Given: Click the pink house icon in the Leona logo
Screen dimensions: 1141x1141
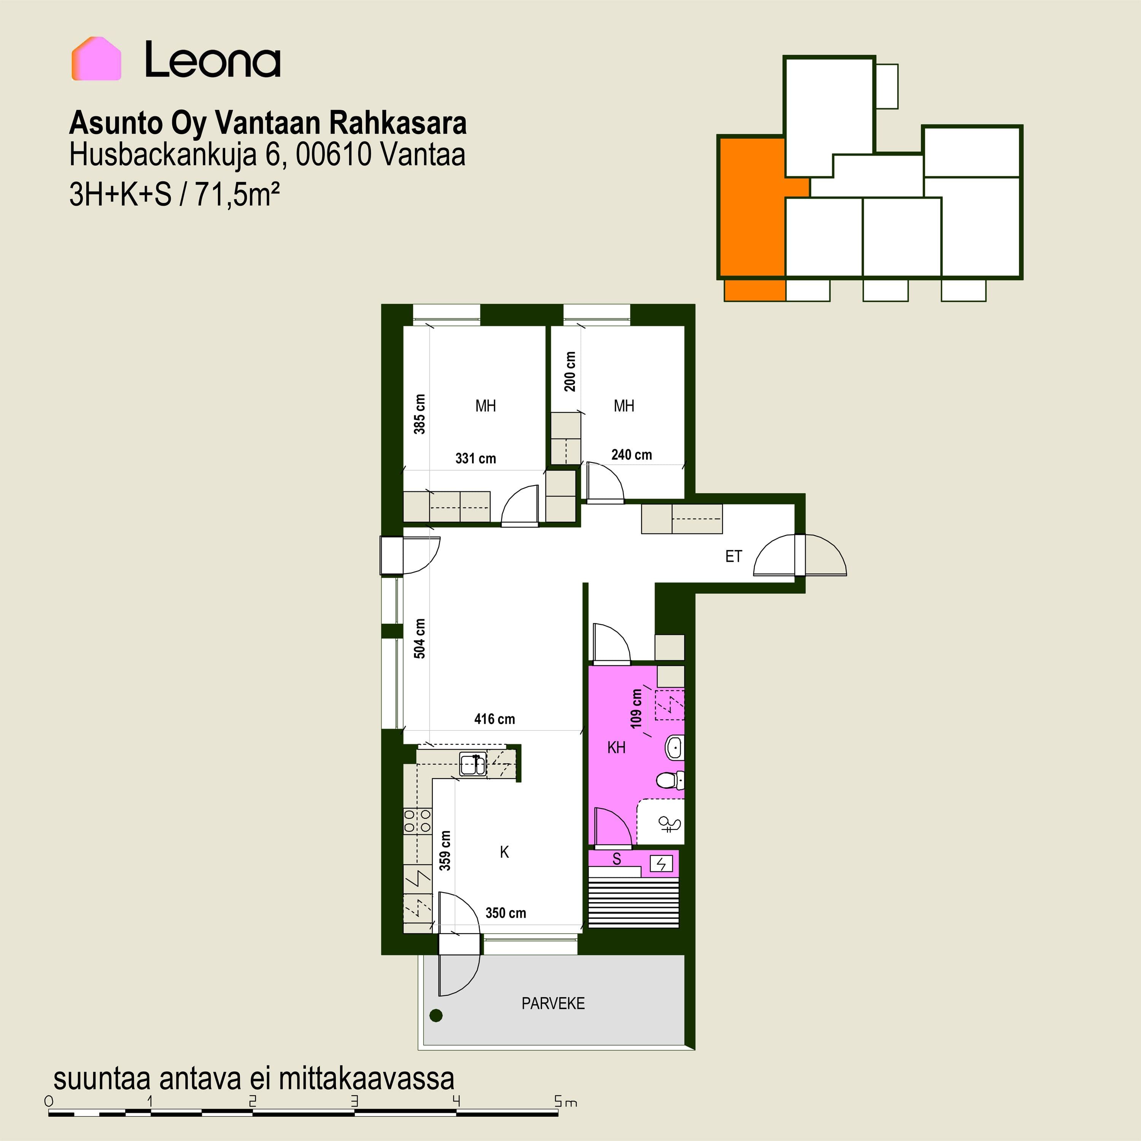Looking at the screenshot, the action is click(x=96, y=59).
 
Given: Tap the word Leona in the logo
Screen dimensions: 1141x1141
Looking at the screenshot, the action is click(x=213, y=60).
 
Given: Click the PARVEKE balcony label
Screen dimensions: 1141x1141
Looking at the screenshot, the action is click(x=553, y=1003).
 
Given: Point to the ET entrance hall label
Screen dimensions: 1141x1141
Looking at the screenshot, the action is click(x=734, y=556).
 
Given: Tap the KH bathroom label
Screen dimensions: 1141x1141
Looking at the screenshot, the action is click(x=616, y=748).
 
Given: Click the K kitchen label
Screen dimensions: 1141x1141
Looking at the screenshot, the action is click(x=504, y=852).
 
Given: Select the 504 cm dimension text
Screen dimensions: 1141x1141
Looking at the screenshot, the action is click(x=419, y=639).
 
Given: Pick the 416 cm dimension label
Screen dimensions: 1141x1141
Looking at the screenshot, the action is click(x=494, y=719).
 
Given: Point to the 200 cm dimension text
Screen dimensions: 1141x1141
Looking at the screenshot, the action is click(x=570, y=372).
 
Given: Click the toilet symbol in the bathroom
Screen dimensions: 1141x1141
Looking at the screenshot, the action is click(x=670, y=781).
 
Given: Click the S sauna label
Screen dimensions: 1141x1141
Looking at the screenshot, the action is click(x=617, y=859).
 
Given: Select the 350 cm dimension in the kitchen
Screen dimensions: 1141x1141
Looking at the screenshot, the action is click(x=505, y=913).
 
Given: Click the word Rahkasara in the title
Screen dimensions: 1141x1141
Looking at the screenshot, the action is click(x=397, y=124).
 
